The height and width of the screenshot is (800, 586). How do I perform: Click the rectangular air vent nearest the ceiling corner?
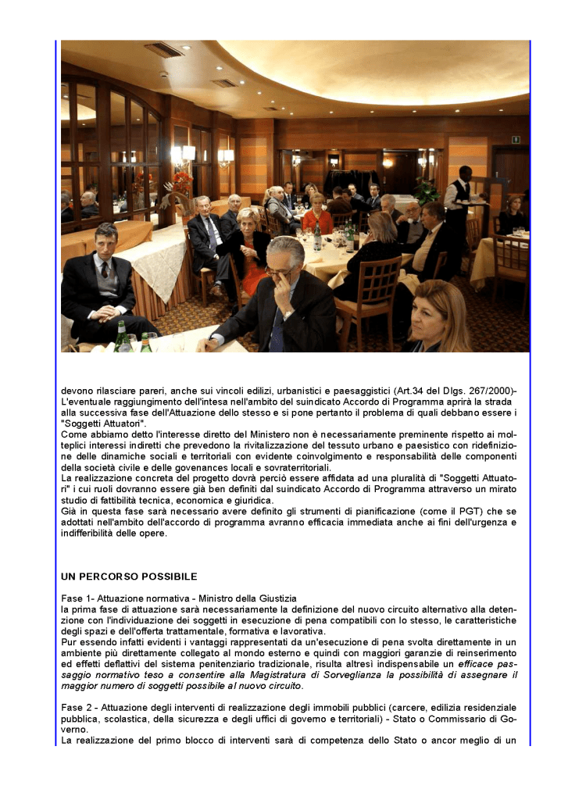[x=163, y=49]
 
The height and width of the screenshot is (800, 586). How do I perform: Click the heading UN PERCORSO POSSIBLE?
[x=129, y=577]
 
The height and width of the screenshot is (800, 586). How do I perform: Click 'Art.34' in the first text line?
[x=414, y=390]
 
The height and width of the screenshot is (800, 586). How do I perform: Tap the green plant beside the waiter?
[x=426, y=189]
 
